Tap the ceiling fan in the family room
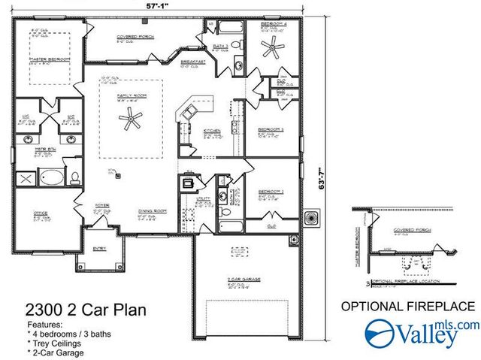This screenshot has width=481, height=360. [x=132, y=116]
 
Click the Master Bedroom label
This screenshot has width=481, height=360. [x=44, y=59]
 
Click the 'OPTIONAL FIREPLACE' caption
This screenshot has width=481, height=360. [x=408, y=306]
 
